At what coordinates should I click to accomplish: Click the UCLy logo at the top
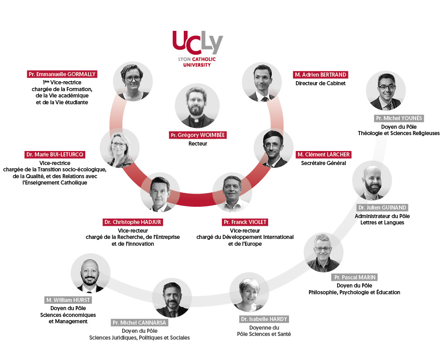pyautogui.click(x=198, y=49)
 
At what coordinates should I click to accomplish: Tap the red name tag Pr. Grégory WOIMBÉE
pyautogui.click(x=198, y=135)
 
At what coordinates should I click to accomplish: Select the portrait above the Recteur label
pyautogui.click(x=197, y=106)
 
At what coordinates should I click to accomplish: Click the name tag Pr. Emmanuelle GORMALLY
pyautogui.click(x=62, y=74)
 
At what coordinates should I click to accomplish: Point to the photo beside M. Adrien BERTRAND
pyautogui.click(x=262, y=82)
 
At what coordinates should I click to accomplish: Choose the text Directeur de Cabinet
pyautogui.click(x=321, y=83)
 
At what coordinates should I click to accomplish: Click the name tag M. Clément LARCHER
pyautogui.click(x=323, y=155)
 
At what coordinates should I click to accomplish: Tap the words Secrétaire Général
pyautogui.click(x=323, y=163)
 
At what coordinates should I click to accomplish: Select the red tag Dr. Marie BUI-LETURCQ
pyautogui.click(x=55, y=155)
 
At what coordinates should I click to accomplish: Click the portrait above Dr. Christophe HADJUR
pyautogui.click(x=160, y=193)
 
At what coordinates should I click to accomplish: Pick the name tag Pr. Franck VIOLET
pyautogui.click(x=245, y=222)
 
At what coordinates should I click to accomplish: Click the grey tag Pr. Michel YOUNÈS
pyautogui.click(x=399, y=118)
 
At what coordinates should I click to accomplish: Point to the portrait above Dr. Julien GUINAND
pyautogui.click(x=372, y=180)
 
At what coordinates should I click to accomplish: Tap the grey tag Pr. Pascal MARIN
pyautogui.click(x=355, y=277)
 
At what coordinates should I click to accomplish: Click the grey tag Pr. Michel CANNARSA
pyautogui.click(x=139, y=323)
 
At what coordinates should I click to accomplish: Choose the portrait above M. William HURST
pyautogui.click(x=90, y=273)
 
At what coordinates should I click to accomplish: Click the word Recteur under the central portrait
pyautogui.click(x=198, y=144)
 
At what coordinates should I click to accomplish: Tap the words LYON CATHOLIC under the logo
pyautogui.click(x=197, y=59)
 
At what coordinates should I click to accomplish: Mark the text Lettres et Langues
pyautogui.click(x=382, y=223)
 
